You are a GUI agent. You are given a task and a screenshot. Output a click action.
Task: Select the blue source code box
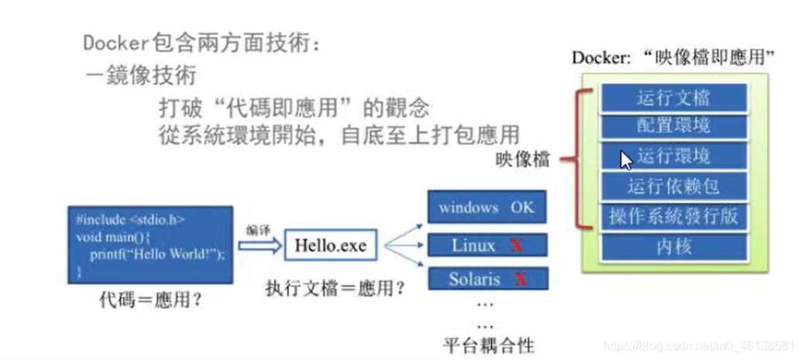coord(150,243)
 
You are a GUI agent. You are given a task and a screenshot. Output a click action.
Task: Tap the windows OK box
coord(487,207)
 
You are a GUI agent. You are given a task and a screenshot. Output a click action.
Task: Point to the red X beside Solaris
coord(520,279)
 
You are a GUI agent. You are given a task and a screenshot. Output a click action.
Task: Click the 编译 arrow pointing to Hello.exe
coord(260,245)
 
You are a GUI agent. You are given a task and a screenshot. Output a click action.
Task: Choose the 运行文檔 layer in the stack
coord(673,98)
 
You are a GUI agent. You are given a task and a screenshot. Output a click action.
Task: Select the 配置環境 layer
coord(673,125)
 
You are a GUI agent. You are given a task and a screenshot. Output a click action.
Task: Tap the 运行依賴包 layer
coord(673,186)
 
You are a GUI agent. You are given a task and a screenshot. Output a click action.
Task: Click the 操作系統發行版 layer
coord(673,217)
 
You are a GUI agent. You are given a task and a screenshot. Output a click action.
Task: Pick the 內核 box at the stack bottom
coord(673,247)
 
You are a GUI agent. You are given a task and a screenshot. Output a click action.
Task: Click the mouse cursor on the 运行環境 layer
coord(626,159)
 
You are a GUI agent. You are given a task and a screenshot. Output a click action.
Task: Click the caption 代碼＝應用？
coord(151,299)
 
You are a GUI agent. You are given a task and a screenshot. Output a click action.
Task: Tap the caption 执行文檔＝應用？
coord(335,286)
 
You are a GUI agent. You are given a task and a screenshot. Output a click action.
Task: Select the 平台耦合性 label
coord(488,345)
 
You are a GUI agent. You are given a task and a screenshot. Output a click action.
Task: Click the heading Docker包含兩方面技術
coord(201,43)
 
